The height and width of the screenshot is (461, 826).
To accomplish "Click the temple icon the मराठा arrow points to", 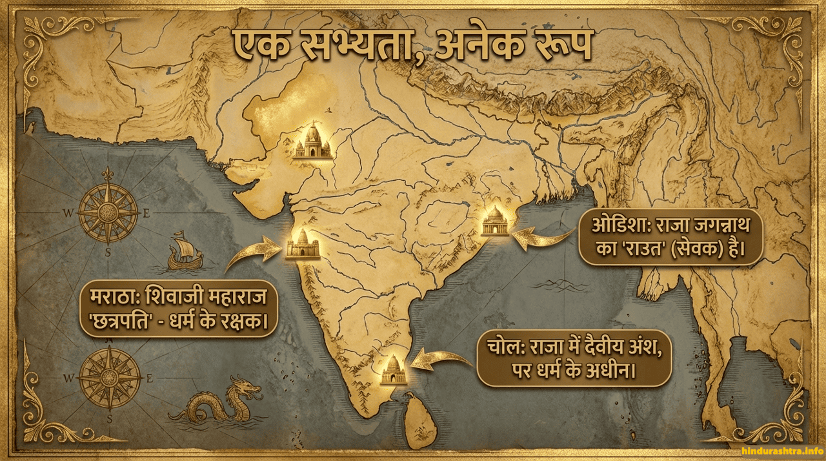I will (x=303, y=244).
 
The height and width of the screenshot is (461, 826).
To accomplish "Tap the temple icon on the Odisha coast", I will (x=496, y=221).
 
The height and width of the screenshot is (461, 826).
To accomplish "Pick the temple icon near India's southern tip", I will (x=392, y=371).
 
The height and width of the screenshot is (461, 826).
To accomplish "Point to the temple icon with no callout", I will (x=313, y=142).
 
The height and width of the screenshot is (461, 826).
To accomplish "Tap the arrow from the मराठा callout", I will (x=252, y=253).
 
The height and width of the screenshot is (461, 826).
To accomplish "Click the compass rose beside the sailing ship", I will (x=108, y=212).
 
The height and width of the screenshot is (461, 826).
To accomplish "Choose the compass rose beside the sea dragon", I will (x=109, y=378).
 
